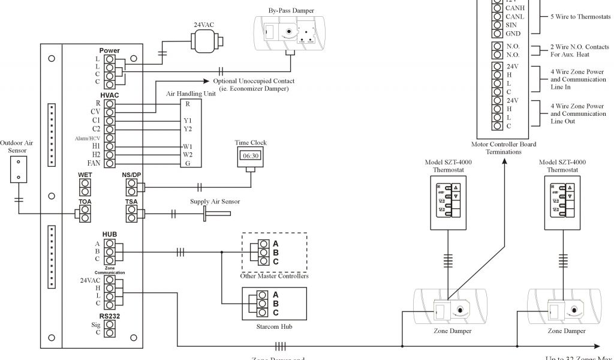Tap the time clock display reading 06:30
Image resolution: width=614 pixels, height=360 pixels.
pos(251,155)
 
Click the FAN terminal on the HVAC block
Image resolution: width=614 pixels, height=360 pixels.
pos(110,163)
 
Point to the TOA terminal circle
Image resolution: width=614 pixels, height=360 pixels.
pos(79,213)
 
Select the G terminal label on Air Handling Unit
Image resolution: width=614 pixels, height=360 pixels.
pos(187,163)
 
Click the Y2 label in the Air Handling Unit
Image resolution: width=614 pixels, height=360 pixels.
pos(188,129)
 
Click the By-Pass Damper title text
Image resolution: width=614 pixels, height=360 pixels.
pos(291,11)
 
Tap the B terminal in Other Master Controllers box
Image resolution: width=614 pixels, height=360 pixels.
pos(263,253)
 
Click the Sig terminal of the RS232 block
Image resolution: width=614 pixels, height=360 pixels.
pos(110,324)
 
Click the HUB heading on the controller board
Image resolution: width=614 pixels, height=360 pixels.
pos(109,234)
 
